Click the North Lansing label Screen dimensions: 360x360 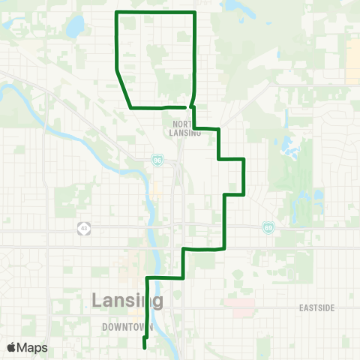point(185,128)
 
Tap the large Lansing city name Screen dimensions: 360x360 point(127,301)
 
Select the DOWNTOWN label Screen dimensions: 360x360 point(127,328)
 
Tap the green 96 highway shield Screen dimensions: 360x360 point(157,160)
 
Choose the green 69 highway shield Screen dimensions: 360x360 point(268,226)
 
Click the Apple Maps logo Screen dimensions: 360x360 point(27,348)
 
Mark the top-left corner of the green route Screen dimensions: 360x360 point(115,13)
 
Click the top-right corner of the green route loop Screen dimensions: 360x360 point(195,13)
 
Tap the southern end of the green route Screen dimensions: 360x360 point(144,346)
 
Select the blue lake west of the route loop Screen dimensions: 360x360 point(75,28)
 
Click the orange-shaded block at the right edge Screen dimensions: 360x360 point(353,60)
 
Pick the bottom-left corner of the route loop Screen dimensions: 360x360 point(131,108)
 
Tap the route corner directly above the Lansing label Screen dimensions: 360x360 point(147,278)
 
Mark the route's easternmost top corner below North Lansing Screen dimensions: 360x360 point(244,159)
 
